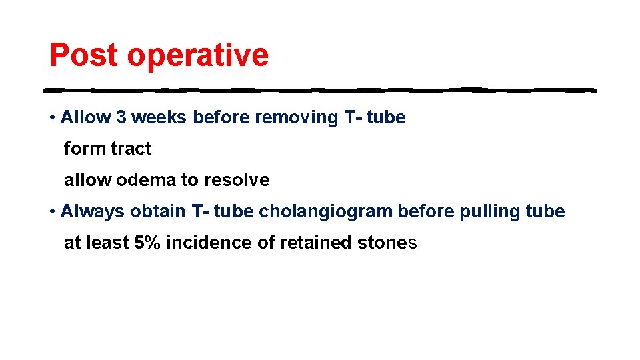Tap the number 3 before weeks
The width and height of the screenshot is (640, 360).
121,117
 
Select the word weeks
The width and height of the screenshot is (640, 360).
159,117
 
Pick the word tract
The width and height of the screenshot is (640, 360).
131,149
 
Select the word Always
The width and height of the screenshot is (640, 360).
93,212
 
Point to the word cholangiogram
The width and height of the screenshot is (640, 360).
326,212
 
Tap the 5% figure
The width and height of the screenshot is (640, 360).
147,243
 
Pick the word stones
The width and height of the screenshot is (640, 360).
383,243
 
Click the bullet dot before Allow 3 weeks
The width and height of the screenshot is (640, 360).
52,118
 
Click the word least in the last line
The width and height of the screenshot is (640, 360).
107,243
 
